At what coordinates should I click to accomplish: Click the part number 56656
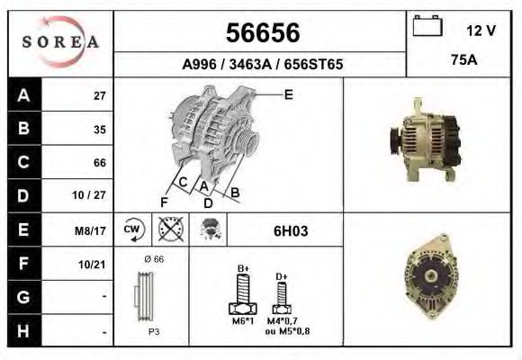[261, 33]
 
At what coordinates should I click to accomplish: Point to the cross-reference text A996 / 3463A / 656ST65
[262, 65]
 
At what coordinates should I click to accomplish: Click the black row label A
[22, 95]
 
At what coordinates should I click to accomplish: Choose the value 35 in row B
[100, 129]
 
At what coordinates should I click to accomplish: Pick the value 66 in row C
[100, 163]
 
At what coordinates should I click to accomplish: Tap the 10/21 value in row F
[94, 264]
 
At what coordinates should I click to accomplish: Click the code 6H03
[291, 231]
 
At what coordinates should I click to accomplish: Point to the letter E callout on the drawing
[288, 94]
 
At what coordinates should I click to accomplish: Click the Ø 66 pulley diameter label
[153, 259]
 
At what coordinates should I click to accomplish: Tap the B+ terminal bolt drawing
[242, 292]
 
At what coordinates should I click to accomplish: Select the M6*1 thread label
[242, 321]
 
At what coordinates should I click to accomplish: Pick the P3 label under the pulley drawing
[154, 331]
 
